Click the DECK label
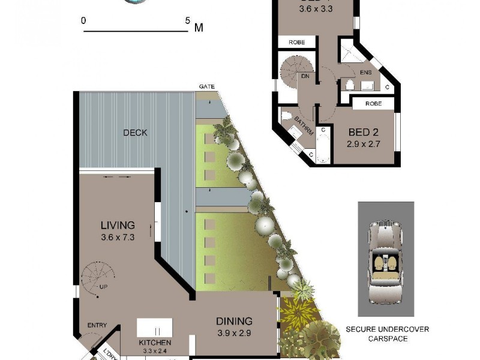click(x=135, y=133)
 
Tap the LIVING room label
click(x=118, y=226)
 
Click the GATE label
click(x=206, y=87)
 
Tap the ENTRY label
click(x=97, y=325)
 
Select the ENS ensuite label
click(x=366, y=73)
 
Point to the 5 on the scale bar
click(x=188, y=20)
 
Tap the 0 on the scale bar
click(x=84, y=20)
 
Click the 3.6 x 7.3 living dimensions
click(x=118, y=237)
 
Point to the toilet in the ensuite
click(x=349, y=85)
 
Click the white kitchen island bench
click(x=155, y=328)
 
